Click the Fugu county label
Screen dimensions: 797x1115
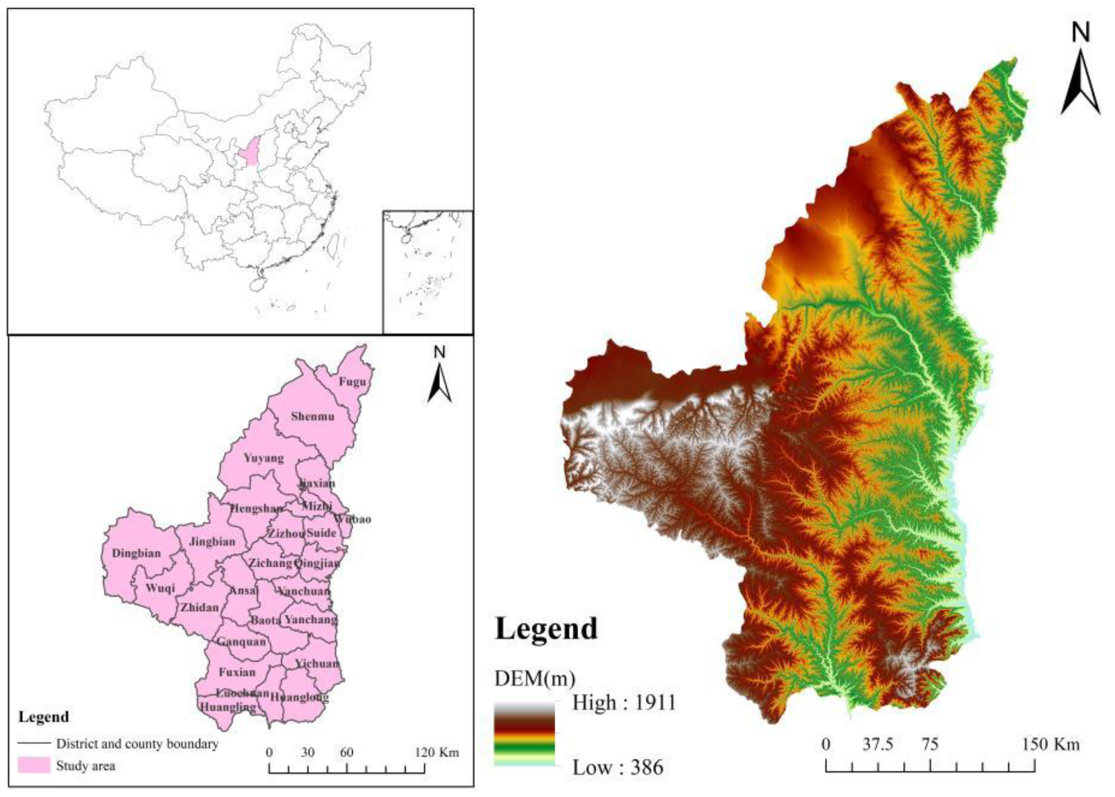352,382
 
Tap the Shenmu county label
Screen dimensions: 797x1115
313,416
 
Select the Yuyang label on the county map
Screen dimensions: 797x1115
263,458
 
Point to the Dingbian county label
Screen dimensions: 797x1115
137,553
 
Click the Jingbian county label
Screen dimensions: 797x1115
212,541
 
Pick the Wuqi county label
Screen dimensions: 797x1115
160,588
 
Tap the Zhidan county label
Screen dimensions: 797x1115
199,608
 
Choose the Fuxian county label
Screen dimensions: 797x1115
237,672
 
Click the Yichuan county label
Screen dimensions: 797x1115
317,664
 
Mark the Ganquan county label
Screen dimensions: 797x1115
241,641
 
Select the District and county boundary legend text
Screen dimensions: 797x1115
137,744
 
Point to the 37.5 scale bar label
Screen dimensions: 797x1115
878,745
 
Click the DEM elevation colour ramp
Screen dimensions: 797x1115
524,734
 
